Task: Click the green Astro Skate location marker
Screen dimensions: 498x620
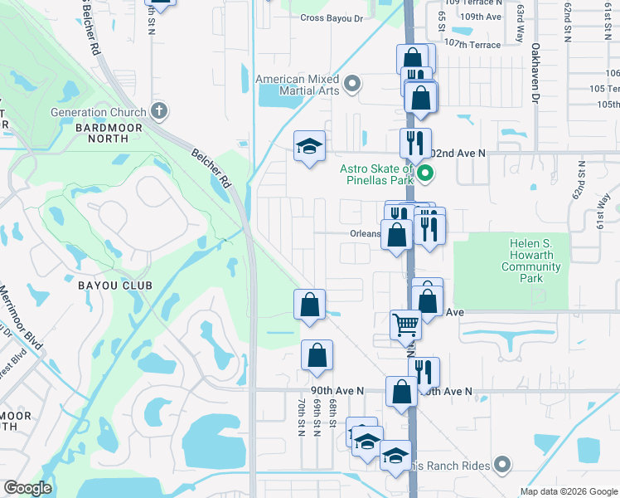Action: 425,173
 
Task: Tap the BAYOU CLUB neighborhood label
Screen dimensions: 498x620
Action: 116,286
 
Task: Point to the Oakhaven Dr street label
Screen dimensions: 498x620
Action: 535,73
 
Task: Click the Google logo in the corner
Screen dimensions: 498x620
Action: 27,488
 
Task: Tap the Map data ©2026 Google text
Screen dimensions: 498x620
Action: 568,491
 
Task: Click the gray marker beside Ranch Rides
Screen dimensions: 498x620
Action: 501,464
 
